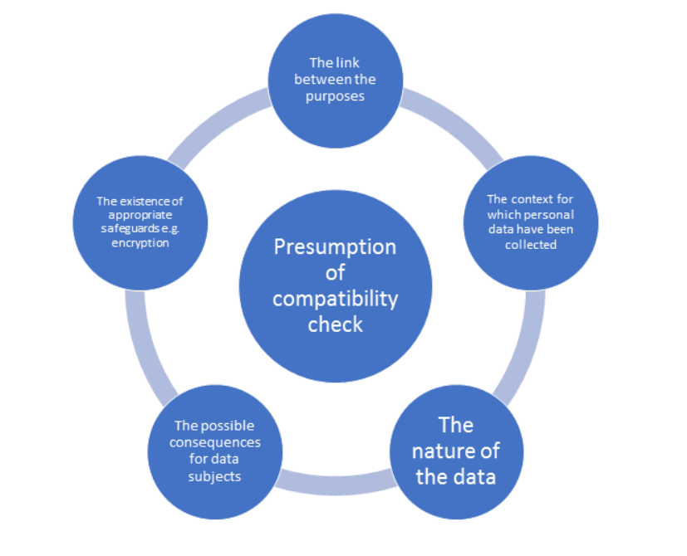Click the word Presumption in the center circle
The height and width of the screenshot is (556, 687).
tap(335, 247)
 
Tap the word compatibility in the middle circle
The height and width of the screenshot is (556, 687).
tap(335, 298)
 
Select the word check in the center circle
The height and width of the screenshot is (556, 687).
tap(335, 324)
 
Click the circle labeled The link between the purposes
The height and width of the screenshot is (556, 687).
tap(335, 79)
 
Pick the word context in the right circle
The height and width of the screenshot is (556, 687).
tap(542, 199)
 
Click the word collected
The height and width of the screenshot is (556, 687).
tap(530, 245)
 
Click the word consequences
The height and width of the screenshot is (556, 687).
tap(215, 442)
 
